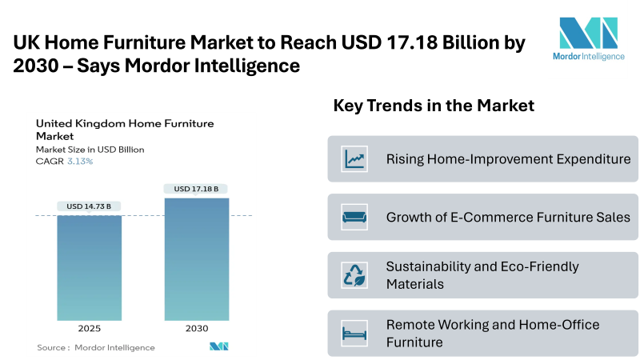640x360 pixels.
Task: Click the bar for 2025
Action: [90, 268]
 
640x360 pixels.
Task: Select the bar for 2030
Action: [197, 259]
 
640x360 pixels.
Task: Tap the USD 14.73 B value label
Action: [89, 206]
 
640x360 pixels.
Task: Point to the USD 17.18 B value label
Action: [196, 189]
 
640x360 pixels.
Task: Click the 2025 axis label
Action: [90, 328]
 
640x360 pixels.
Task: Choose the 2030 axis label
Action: [197, 328]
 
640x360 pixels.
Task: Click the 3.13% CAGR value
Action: [80, 162]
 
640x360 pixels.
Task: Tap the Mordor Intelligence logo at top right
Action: [589, 39]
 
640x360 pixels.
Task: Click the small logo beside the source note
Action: [218, 346]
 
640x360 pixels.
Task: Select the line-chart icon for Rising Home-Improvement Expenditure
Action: [354, 158]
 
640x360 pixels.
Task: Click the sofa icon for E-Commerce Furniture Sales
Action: [354, 217]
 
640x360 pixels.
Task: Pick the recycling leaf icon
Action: [354, 275]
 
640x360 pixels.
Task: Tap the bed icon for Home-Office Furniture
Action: [354, 334]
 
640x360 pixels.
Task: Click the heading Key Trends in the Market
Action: [434, 106]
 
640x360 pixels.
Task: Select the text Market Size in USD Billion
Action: [90, 150]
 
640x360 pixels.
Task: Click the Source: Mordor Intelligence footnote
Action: [96, 347]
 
